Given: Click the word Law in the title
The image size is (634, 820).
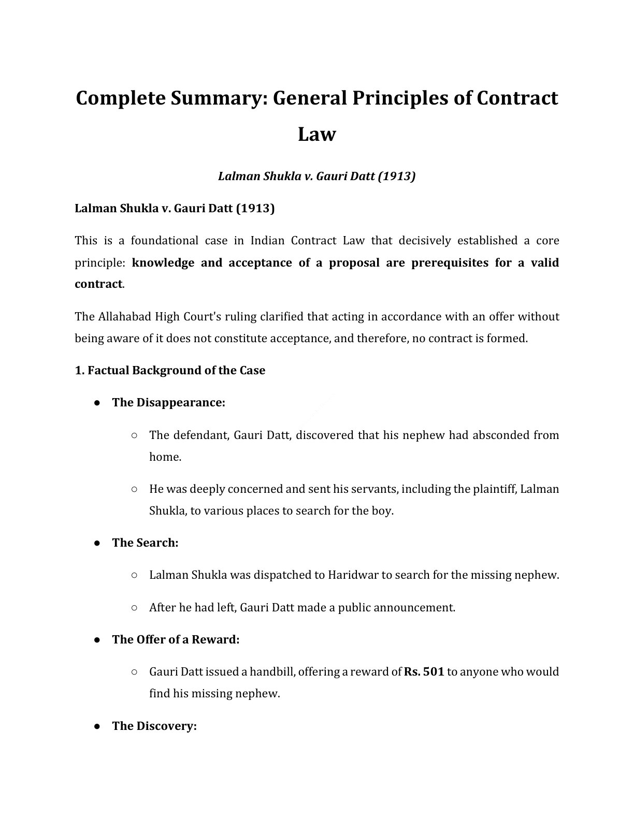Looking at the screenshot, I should point(317,134).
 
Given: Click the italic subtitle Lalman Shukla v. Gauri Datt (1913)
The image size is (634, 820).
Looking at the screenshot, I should point(317,177).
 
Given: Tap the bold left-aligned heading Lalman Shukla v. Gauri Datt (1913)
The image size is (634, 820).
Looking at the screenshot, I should point(175,209).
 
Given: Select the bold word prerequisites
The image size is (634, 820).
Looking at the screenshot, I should point(450,262).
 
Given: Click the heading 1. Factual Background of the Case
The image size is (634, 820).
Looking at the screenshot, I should point(170,371).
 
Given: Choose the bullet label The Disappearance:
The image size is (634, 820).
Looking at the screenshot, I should point(168,403).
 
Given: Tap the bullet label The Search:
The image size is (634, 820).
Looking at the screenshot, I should point(145,543).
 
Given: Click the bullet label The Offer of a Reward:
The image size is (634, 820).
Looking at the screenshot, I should point(176,640).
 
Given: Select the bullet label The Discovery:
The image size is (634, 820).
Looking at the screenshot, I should point(154,726).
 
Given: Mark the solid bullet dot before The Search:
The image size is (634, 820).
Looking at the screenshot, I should point(97,543).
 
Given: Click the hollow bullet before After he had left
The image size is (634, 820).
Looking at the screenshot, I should point(134,608).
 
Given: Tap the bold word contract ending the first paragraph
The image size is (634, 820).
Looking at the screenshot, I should point(98,284).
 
